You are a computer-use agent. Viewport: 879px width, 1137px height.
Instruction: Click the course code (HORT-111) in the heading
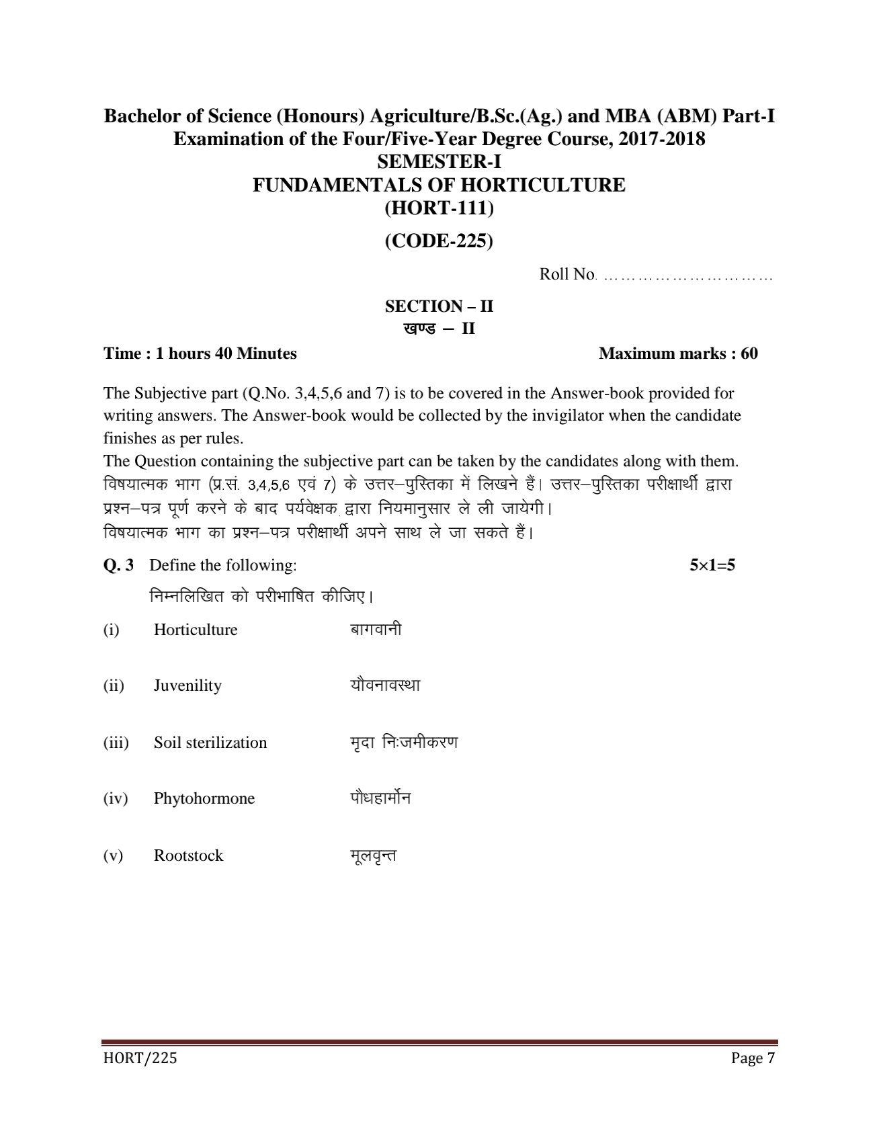coord(439,208)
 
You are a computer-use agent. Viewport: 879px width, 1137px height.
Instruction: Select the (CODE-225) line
coord(439,241)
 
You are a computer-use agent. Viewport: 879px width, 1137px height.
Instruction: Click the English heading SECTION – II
coord(439,306)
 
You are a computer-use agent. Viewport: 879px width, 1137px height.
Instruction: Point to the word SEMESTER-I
coord(439,162)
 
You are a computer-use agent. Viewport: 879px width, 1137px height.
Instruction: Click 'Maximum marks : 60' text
coord(678,353)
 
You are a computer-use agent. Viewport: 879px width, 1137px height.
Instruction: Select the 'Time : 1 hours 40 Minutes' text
coord(200,353)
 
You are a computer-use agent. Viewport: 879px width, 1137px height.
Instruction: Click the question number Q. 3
coord(118,565)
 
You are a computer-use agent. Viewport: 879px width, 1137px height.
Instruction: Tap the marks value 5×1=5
coord(712,565)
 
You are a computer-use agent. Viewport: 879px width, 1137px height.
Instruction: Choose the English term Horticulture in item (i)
coord(196,630)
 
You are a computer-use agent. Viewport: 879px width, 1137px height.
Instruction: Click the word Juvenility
coord(187,686)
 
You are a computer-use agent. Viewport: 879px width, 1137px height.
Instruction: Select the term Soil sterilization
coord(210,743)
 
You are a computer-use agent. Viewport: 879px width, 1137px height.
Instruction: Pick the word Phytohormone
coord(204,799)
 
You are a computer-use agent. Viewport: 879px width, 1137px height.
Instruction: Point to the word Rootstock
coord(188,855)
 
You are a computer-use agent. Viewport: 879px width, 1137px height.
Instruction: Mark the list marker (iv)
coord(115,799)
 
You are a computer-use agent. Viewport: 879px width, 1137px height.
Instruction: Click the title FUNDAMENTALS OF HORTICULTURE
coord(439,185)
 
